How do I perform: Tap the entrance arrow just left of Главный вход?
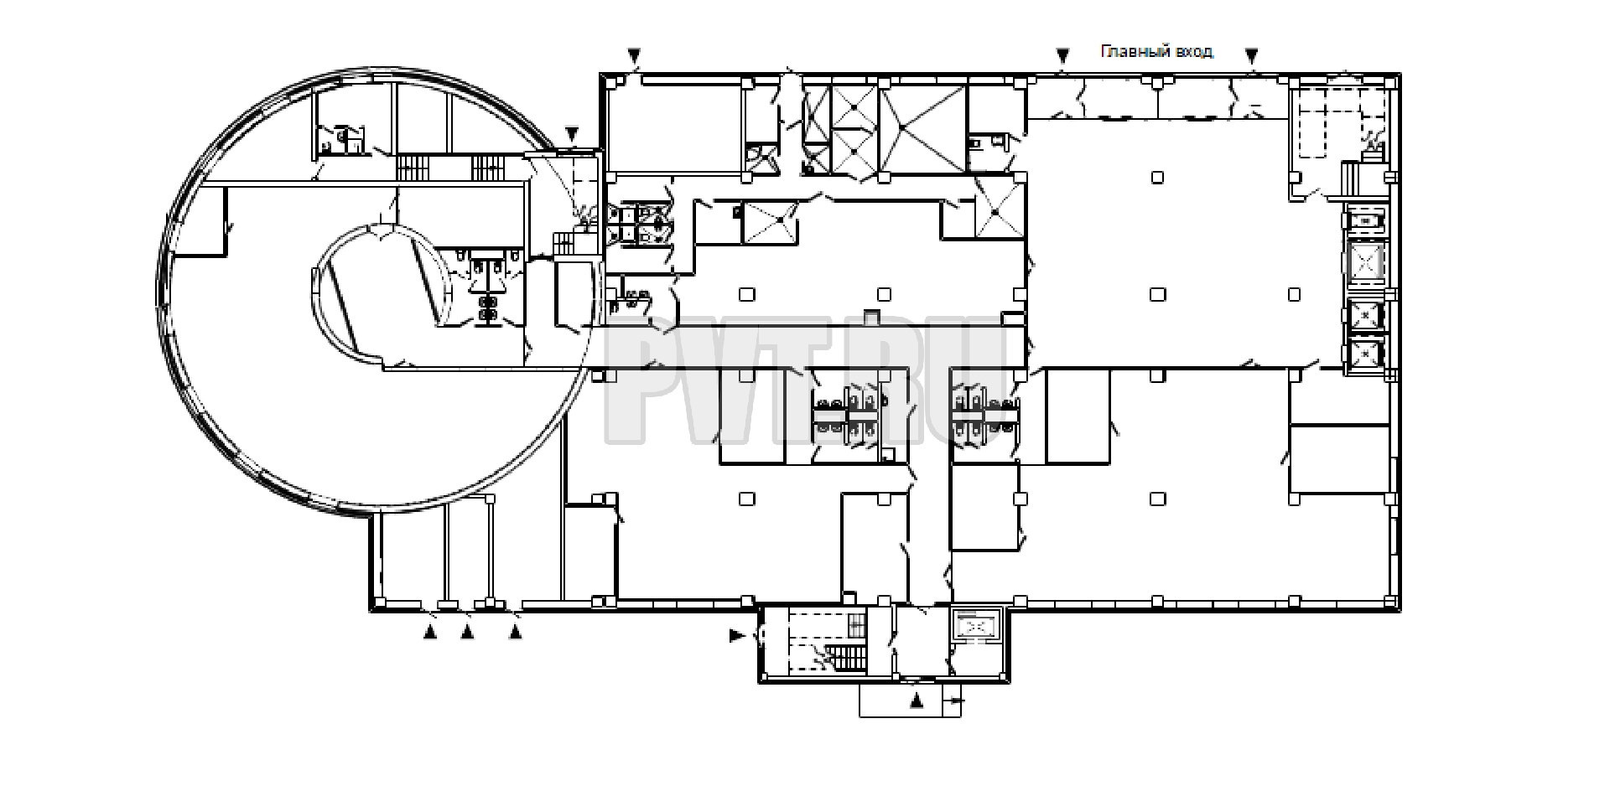pos(1063,55)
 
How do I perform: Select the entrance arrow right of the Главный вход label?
pos(1252,55)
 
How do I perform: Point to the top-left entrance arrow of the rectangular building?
pos(635,56)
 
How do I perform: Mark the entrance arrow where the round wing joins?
pos(572,133)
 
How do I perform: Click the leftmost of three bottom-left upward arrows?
pos(430,633)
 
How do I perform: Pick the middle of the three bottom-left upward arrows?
pos(468,633)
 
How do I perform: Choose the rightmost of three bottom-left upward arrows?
pos(517,633)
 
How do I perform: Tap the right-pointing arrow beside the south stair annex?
pos(737,637)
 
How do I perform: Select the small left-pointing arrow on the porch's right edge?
pos(955,700)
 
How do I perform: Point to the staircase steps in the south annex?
pos(843,658)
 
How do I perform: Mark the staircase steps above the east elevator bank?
pos(1349,178)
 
